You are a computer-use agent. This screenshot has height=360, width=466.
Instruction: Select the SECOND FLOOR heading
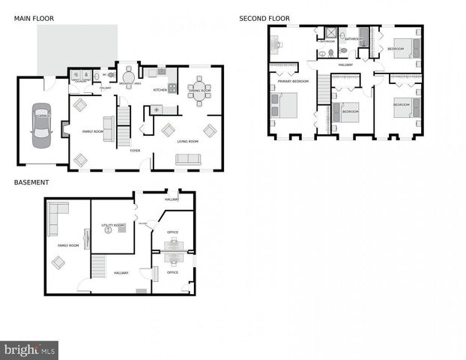pyautogui.click(x=264, y=18)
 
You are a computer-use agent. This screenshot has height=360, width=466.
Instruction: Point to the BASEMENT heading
pyautogui.click(x=31, y=182)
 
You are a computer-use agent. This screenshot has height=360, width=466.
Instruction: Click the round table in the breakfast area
pyautogui.click(x=128, y=75)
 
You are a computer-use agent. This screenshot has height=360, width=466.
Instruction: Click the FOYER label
pyautogui.click(x=135, y=151)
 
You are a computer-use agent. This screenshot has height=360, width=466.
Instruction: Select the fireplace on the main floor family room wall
pyautogui.click(x=65, y=132)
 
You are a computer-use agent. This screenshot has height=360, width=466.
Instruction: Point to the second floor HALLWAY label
pyautogui.click(x=345, y=64)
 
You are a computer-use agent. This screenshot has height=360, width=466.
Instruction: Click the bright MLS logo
pyautogui.click(x=30, y=349)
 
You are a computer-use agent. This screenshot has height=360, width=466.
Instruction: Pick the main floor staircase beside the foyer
pyautogui.click(x=124, y=120)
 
